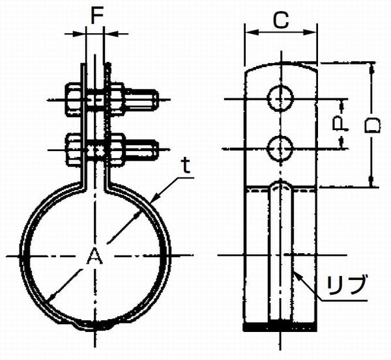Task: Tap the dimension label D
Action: pyautogui.click(x=372, y=125)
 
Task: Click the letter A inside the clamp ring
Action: pyautogui.click(x=94, y=256)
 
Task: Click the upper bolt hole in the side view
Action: pyautogui.click(x=280, y=98)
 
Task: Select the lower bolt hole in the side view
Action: pyautogui.click(x=280, y=148)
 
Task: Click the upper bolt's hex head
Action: pyautogui.click(x=74, y=100)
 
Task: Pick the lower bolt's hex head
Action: pyautogui.click(x=74, y=150)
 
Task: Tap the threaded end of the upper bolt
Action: pyautogui.click(x=141, y=100)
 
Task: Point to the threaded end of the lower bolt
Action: pyautogui.click(x=141, y=150)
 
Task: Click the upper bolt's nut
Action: pyautogui.click(x=117, y=100)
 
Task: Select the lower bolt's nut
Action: pyautogui.click(x=117, y=150)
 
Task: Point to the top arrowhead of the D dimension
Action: pyautogui.click(x=372, y=67)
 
